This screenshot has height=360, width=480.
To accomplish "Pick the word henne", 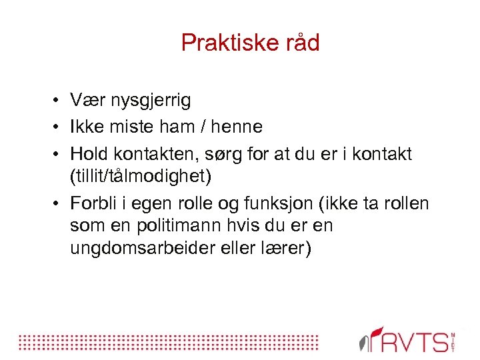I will click(x=235, y=126).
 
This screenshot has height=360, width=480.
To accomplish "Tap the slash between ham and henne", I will click(x=199, y=126).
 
